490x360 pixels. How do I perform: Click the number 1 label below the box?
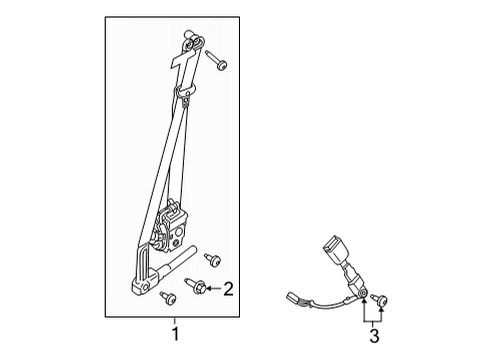pos(176,334)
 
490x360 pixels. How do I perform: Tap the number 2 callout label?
pos(228,289)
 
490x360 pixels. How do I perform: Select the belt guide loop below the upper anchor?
pos(185,96)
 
